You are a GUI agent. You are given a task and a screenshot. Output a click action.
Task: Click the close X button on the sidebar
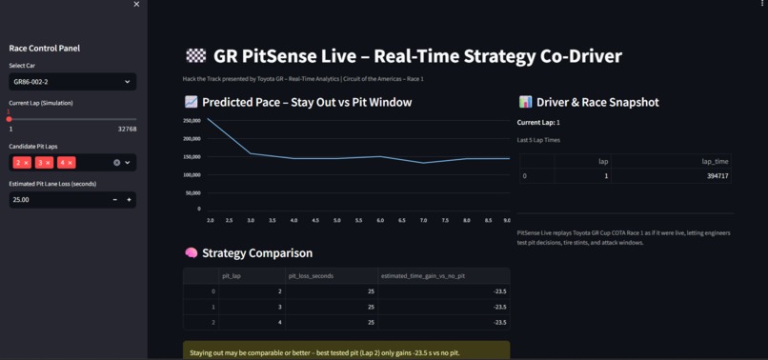[136, 5]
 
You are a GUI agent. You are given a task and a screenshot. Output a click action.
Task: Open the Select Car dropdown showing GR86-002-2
[72, 82]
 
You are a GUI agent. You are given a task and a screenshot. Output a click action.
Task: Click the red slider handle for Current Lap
[10, 119]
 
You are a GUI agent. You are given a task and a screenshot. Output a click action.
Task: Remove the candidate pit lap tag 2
[27, 163]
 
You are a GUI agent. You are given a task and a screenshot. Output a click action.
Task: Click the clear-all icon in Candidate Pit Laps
[117, 163]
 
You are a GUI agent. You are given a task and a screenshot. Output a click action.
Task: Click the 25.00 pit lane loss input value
[57, 200]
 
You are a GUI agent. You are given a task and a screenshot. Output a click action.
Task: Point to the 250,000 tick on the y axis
[189, 120]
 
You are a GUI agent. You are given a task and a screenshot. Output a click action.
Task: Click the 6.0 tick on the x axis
[380, 220]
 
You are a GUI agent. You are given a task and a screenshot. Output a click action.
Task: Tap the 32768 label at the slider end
[127, 129]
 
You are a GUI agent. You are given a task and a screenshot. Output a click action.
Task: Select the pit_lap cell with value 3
[252, 307]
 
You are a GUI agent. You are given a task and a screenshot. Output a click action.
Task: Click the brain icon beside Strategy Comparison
[191, 253]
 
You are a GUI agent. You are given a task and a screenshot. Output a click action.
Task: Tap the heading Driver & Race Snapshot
[597, 102]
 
